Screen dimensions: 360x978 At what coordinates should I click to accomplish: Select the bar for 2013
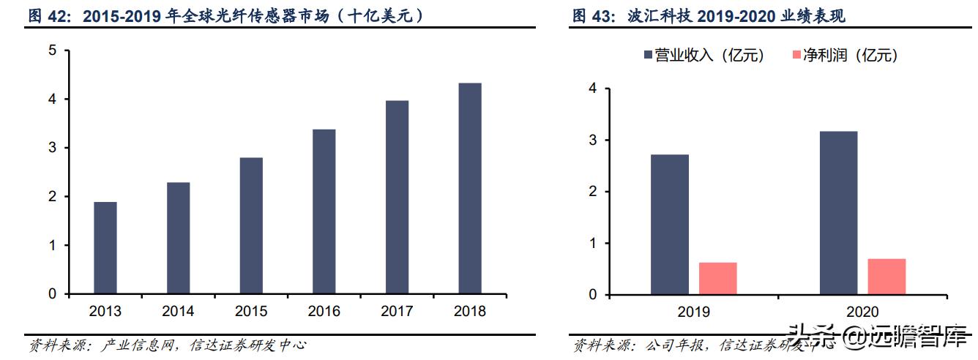coord(105,248)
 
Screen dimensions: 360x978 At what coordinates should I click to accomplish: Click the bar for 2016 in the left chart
coord(324,211)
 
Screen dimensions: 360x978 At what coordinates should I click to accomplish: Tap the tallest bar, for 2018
coord(469,189)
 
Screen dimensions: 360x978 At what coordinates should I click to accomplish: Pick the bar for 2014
coord(178,238)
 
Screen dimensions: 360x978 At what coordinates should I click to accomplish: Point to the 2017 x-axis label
coord(397,312)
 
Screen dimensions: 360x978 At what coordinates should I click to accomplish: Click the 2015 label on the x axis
coord(251,312)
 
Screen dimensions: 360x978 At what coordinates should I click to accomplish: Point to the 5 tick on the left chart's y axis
coord(52,50)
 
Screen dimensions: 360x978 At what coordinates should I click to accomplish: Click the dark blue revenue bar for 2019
coord(670,225)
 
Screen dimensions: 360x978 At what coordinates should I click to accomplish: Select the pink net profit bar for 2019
coord(717,279)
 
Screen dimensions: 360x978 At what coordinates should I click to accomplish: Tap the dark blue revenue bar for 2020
coord(839,213)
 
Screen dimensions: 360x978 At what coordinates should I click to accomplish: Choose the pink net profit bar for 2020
coord(886,277)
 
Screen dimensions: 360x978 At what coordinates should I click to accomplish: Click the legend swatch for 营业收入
coord(648,56)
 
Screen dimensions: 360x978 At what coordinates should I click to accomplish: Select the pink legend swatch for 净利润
coord(796,56)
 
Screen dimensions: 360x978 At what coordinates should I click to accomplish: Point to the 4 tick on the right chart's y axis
coord(593,89)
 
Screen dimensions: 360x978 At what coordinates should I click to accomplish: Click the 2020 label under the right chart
coord(863,312)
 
